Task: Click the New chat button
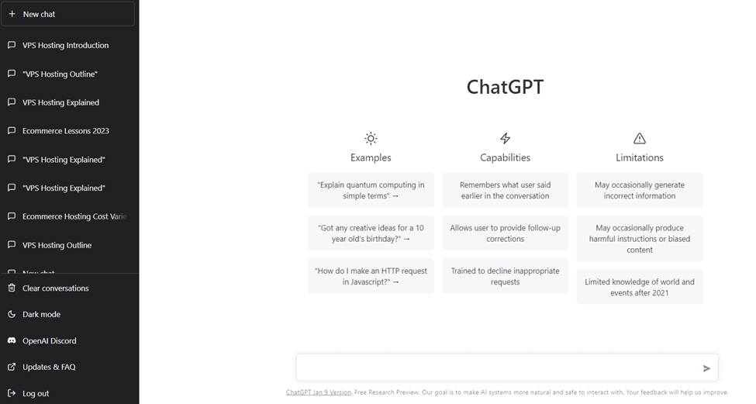click(67, 14)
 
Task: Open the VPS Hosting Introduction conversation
click(65, 45)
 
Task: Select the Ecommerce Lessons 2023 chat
click(65, 131)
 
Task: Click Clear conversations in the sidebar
click(55, 288)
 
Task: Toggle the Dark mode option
click(41, 314)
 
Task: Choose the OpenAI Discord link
click(49, 340)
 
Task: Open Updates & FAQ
click(49, 367)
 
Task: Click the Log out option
click(36, 393)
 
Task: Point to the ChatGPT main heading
click(505, 87)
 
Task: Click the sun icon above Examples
click(371, 138)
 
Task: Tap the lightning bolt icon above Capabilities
click(505, 138)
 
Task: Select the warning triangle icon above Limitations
click(639, 138)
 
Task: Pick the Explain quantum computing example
click(371, 190)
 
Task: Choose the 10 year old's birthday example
click(371, 233)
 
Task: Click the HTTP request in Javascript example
click(371, 276)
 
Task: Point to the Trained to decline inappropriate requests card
click(505, 276)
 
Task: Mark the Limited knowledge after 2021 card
click(639, 287)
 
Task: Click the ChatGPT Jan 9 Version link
click(318, 392)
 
